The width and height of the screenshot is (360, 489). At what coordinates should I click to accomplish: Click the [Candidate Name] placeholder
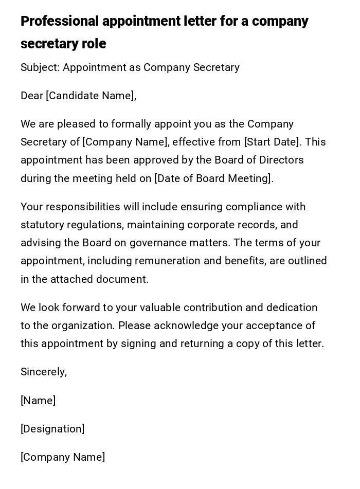[x=91, y=96]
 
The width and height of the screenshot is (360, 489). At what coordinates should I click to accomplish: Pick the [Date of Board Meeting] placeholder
[x=213, y=178]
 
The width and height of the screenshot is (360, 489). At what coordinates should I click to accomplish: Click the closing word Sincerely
[x=44, y=372]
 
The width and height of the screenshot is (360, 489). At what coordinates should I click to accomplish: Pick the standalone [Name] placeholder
[x=38, y=401]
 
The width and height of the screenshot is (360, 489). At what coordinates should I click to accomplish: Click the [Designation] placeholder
[x=52, y=429]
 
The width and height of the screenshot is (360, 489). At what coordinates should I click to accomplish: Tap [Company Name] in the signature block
[x=63, y=457]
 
